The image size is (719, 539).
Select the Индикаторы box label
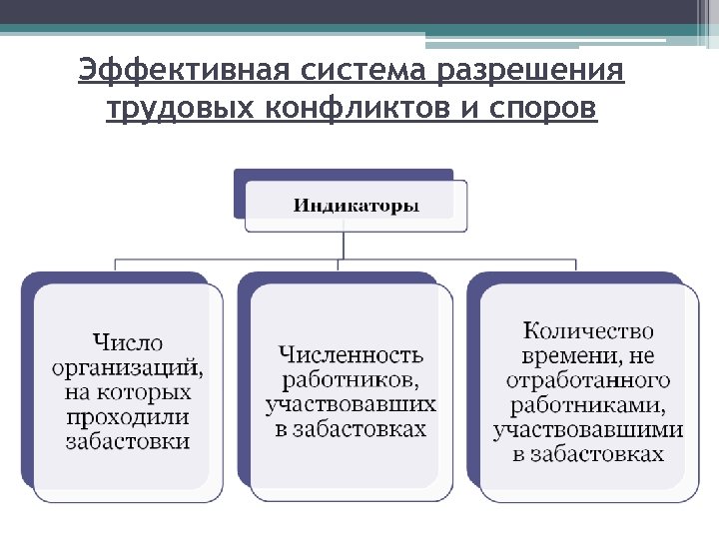(x=356, y=207)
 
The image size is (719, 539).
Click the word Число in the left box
(x=128, y=343)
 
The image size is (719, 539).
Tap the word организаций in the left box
(x=128, y=367)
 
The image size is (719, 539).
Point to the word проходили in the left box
(x=128, y=416)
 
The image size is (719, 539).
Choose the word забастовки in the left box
(x=128, y=440)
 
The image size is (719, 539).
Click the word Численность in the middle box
(x=351, y=355)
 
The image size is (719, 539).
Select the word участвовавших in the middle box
(x=351, y=404)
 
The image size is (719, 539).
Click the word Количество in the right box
(x=589, y=330)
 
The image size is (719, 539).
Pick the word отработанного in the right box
(x=588, y=380)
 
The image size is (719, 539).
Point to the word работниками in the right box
(x=588, y=405)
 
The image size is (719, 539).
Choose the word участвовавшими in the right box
(x=588, y=430)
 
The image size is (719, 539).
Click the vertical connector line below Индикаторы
(x=343, y=246)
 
